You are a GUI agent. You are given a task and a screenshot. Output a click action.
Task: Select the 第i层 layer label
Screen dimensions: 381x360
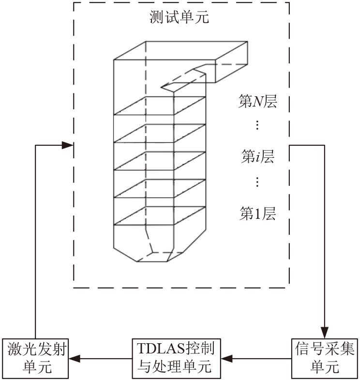pyautogui.click(x=257, y=156)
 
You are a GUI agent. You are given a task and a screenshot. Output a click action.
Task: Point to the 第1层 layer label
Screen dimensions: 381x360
pyautogui.click(x=257, y=213)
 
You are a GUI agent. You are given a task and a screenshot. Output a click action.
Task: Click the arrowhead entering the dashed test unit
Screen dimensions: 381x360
pyautogui.click(x=68, y=144)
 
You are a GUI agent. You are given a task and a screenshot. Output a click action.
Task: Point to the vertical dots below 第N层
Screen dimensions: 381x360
pyautogui.click(x=257, y=126)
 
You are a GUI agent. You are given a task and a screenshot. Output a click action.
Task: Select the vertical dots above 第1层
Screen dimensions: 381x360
pyautogui.click(x=257, y=183)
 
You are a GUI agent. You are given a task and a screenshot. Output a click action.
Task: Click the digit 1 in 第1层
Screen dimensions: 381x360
pyautogui.click(x=257, y=213)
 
